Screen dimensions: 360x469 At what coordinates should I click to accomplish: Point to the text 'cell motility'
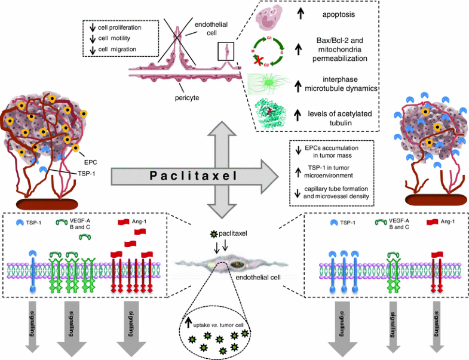pos(119,37)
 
